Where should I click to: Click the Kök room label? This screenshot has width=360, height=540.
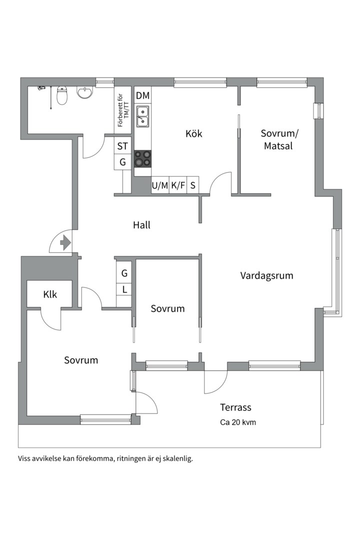point(193,134)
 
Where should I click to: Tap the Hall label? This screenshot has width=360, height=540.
point(141,225)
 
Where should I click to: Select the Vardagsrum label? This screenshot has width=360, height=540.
point(266,275)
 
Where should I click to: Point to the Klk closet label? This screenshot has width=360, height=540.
point(50,294)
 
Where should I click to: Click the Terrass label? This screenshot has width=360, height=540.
point(235,407)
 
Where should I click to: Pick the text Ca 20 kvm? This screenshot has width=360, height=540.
point(238,422)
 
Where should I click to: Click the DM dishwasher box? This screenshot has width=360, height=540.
point(142,95)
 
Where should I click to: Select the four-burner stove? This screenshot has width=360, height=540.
point(142,158)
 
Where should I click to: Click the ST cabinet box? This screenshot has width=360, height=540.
point(122,146)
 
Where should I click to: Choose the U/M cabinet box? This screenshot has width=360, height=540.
point(160,185)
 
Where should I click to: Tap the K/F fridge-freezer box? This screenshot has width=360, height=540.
point(178,185)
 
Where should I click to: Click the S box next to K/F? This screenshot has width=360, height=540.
point(192,185)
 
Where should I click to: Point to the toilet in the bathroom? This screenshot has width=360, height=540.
point(62,95)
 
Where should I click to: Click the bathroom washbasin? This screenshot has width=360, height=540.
point(85,93)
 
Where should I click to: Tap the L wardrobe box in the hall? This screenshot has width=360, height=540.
point(124,289)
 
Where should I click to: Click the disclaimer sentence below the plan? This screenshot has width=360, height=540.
point(105,458)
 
